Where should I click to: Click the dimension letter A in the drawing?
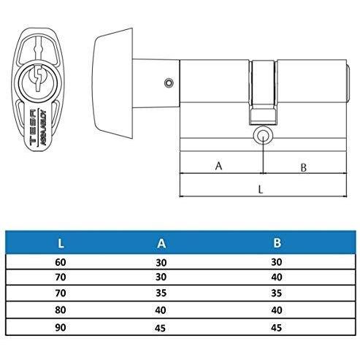pyautogui.click(x=219, y=166)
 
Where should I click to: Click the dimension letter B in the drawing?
pyautogui.click(x=303, y=167)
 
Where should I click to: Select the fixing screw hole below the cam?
pyautogui.click(x=263, y=137)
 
